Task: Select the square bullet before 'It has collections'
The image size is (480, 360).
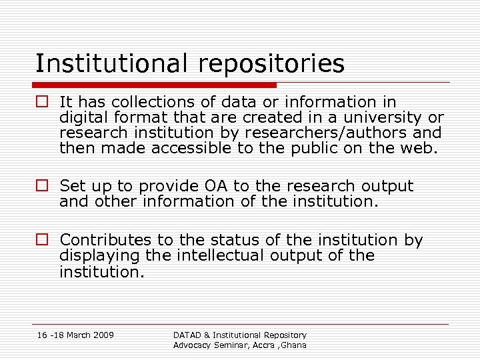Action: click(43, 102)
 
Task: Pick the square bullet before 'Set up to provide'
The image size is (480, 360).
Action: click(43, 186)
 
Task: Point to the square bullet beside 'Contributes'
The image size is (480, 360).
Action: click(43, 240)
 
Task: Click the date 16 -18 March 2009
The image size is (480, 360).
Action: click(75, 335)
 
